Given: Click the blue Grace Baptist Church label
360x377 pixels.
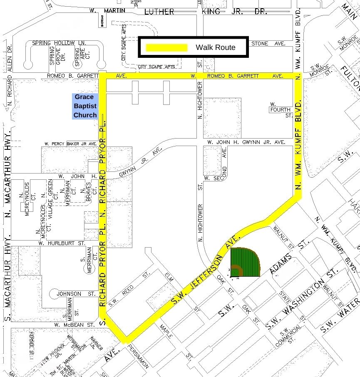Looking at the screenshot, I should (x=85, y=106).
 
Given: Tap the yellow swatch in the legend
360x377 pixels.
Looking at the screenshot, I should (x=166, y=47).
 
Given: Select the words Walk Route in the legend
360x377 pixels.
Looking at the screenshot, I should (x=215, y=47).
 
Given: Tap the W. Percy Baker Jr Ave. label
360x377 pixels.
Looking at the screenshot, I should (x=70, y=144).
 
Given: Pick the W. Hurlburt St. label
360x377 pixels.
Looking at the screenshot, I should (x=61, y=243).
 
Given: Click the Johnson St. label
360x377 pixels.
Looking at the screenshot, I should (x=69, y=294).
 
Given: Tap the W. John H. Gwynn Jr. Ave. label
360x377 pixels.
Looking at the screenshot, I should (x=246, y=142).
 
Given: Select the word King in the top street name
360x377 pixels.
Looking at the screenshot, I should (x=211, y=11).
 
